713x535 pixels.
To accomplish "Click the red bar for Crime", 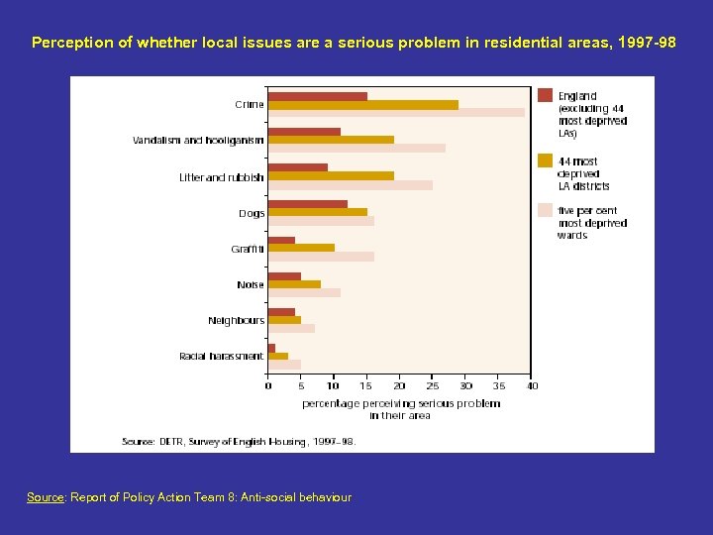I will click(317, 96).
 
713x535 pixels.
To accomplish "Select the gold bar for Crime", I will click(362, 104).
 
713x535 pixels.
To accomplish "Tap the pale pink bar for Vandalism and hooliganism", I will click(356, 148).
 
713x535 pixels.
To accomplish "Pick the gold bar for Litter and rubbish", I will click(331, 175).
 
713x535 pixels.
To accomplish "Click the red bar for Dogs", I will click(307, 203).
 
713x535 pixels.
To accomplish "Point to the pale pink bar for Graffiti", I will click(321, 257).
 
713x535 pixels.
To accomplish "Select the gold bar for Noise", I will click(294, 283).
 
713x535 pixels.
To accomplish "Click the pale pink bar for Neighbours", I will click(291, 328).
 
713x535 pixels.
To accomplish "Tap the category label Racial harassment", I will click(221, 356).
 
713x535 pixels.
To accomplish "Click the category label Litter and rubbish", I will click(221, 177).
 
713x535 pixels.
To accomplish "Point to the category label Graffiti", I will click(248, 250).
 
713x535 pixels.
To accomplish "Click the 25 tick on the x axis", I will click(433, 385).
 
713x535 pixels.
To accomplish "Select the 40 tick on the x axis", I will click(532, 385).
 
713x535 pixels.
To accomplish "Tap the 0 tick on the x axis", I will click(268, 385).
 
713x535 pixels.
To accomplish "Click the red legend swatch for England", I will click(545, 95).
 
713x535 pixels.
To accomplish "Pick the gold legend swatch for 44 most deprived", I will click(545, 160).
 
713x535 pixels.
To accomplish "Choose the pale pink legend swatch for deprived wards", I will click(545, 210).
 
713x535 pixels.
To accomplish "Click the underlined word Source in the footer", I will click(45, 497).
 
